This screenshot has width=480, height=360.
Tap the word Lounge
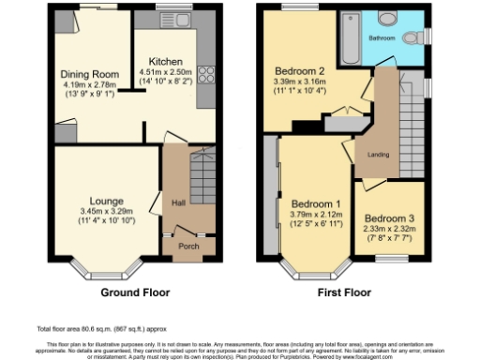[x=106, y=201]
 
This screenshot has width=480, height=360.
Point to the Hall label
[x=177, y=202]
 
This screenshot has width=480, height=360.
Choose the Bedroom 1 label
[x=315, y=204]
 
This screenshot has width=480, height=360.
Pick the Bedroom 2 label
[x=299, y=70]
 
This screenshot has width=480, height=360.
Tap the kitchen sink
[x=174, y=19]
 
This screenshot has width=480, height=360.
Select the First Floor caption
[x=346, y=292]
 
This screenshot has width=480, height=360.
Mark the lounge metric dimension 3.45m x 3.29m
[x=106, y=212]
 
